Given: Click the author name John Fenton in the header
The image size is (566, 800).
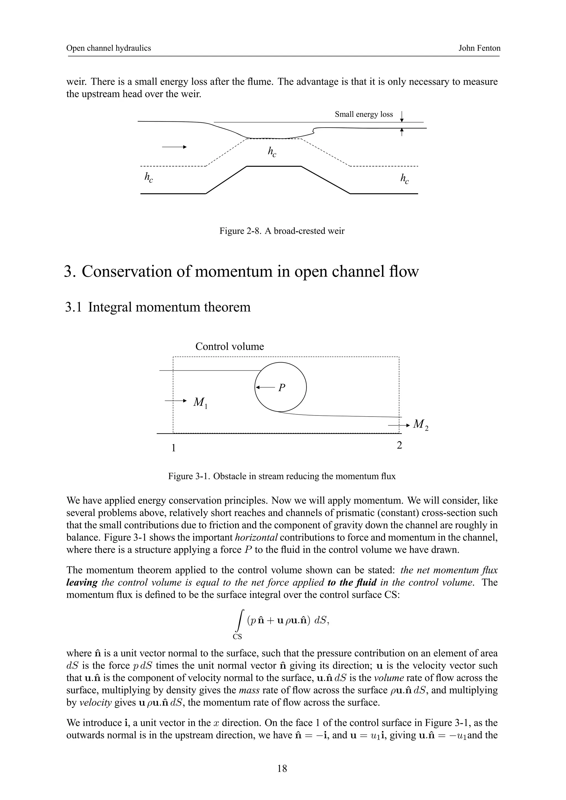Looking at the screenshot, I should (x=479, y=48).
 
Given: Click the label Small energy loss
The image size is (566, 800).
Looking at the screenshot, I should (x=363, y=114).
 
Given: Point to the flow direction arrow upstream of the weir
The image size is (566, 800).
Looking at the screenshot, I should (x=174, y=147).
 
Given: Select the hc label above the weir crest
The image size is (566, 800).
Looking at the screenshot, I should (x=272, y=152).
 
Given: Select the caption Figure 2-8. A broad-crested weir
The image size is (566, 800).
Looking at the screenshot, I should (x=282, y=231).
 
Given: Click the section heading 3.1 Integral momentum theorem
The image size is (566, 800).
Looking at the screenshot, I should (x=158, y=307).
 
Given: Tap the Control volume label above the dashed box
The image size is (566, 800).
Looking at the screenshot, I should (x=229, y=346).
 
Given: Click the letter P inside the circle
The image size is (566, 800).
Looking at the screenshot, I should (x=282, y=388).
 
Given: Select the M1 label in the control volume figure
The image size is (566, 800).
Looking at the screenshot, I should (x=200, y=403).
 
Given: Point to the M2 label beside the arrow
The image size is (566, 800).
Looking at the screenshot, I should (x=420, y=425).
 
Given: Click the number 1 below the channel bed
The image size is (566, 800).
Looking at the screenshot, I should (x=173, y=448).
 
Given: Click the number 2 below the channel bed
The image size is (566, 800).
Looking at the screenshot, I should (x=400, y=445).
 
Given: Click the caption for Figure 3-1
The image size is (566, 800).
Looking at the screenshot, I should (x=282, y=476).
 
